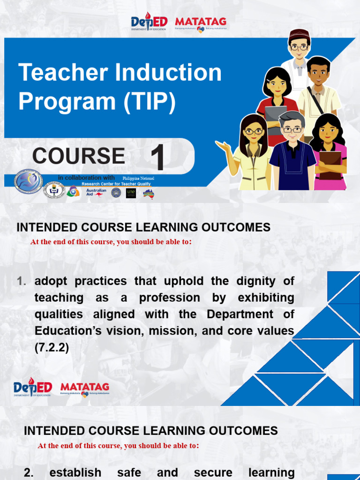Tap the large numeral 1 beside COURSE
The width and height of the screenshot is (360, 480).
click(x=158, y=158)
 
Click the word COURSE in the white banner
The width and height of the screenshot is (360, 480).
click(x=78, y=156)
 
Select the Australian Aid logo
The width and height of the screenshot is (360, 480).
click(x=96, y=193)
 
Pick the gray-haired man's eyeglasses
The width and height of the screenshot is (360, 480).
click(x=292, y=130)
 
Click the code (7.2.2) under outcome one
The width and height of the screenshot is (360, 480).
click(x=52, y=348)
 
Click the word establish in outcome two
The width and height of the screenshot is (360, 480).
click(x=75, y=472)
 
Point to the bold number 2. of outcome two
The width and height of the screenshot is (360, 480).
click(x=29, y=472)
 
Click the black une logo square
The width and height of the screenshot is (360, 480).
click(x=131, y=193)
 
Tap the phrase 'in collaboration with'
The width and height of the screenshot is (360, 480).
click(x=86, y=178)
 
